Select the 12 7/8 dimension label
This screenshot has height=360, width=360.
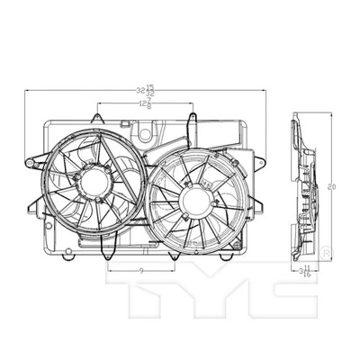tap(144, 105)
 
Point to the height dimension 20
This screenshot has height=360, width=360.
tap(332, 186)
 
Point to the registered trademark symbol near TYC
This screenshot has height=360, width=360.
tap(326, 248)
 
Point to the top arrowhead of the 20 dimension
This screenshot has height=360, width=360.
tap(332, 115)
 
